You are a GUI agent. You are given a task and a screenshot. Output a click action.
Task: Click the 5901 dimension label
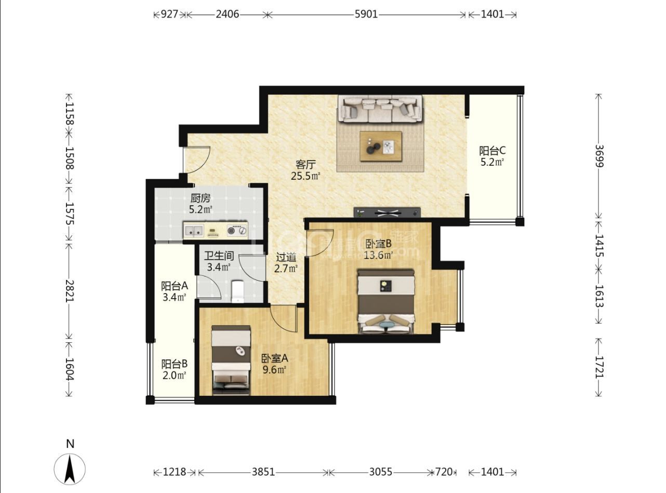coord(366,14)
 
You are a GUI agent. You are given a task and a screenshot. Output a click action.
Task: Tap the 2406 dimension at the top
coord(228,14)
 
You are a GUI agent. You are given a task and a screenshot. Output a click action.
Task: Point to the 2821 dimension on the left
coord(70,290)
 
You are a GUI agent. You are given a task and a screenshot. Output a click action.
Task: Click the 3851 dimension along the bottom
coord(263,472)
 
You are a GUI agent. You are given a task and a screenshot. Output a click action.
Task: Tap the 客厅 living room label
coord(305,165)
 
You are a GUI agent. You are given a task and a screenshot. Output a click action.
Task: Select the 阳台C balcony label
coord(492,151)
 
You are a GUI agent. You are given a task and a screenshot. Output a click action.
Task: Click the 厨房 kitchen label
coord(201,198)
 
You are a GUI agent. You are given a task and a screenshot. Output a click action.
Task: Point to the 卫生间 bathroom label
coord(219,256)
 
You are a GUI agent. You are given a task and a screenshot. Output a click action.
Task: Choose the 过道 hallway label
coord(286,257)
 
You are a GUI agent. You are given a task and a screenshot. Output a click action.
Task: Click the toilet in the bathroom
coord(237,291)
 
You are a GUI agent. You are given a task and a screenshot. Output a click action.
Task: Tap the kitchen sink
coord(194,231)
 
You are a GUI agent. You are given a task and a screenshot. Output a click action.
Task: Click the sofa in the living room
coord(380,109)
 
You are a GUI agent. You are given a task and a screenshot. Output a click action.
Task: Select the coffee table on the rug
coord(381,146)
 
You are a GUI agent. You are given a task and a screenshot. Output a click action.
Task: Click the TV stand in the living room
coord(387,212)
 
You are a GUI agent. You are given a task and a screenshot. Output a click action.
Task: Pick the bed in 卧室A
coord(231,361)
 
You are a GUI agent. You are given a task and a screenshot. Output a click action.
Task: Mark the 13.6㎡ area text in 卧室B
coord(378,255)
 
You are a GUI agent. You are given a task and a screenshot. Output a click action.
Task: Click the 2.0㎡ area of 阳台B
coord(175,375)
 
